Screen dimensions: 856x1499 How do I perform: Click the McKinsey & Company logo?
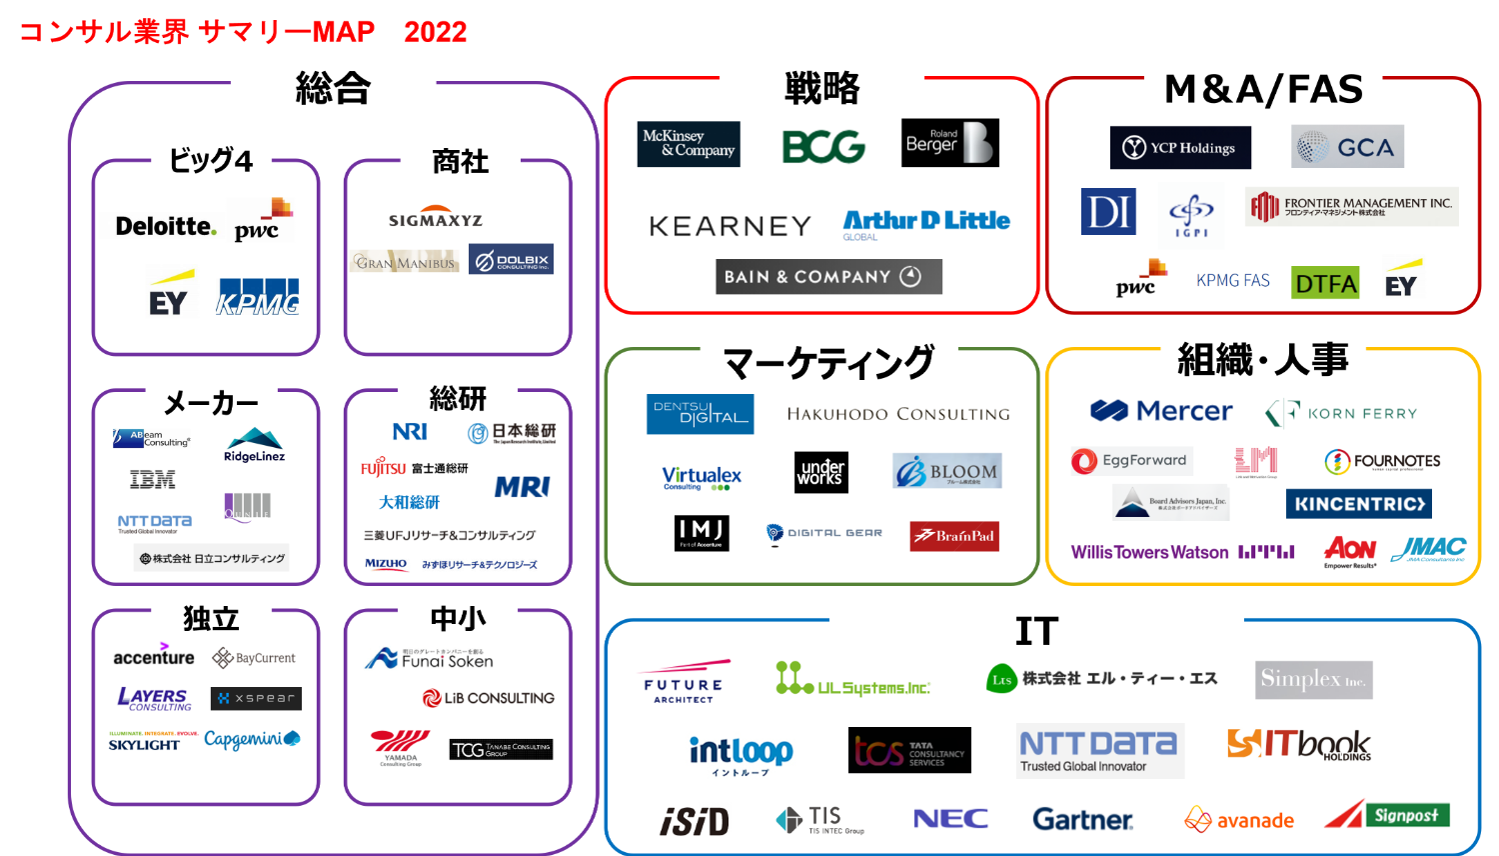[x=689, y=144]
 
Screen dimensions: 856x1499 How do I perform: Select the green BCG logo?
[x=823, y=146]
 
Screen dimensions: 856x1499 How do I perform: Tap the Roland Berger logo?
[x=949, y=142]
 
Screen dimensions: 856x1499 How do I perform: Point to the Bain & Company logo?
[x=828, y=277]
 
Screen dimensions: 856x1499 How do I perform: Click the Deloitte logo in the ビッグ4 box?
[x=166, y=227]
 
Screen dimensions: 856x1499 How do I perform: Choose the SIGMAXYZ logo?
[x=436, y=220]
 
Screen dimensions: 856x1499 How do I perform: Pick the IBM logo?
[x=152, y=480]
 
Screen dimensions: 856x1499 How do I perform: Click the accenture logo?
[x=154, y=656]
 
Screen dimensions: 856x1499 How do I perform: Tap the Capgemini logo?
[x=252, y=739]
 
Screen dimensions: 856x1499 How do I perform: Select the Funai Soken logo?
[x=430, y=659]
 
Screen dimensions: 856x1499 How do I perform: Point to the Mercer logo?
[x=1161, y=411]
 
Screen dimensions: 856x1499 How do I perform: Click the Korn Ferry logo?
[x=1341, y=413]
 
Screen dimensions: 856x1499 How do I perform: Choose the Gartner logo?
[x=1082, y=820]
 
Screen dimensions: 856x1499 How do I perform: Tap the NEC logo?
[x=950, y=819]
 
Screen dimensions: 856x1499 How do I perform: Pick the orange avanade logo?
[x=1239, y=820]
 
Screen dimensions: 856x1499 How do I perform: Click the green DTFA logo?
[x=1325, y=284]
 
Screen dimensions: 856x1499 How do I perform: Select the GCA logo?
[x=1347, y=147]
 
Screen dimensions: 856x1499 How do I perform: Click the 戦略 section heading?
[x=821, y=88]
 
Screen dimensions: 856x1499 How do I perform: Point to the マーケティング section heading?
[x=828, y=362]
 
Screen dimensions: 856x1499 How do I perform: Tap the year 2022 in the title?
[x=436, y=32]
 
